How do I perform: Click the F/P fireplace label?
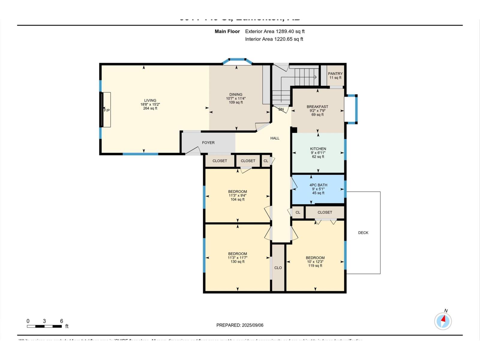point(107,110)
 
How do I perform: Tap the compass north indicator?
point(443,321)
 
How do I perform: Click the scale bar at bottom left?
point(44,326)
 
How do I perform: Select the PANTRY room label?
point(335,73)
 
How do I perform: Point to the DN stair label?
point(281,109)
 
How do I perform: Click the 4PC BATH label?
point(318,185)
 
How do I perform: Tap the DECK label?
point(363,232)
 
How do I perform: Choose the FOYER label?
point(208,142)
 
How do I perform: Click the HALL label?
point(275,138)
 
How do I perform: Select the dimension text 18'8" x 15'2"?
point(150,104)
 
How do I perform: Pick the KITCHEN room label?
point(318,148)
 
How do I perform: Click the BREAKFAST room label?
point(317,106)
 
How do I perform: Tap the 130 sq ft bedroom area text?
point(237,262)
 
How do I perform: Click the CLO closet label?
point(278,268)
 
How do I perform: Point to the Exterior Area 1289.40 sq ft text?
point(275,31)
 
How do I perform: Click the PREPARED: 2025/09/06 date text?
point(240,325)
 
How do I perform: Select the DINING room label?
point(236,94)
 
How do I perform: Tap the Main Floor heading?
point(227,31)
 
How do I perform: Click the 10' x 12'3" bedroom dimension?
point(315,262)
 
